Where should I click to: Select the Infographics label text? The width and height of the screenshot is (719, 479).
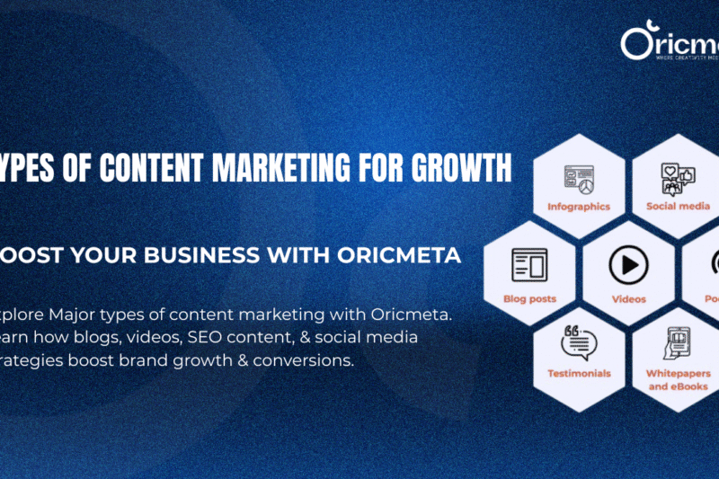pyautogui.click(x=579, y=207)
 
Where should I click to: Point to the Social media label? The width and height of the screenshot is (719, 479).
pyautogui.click(x=678, y=207)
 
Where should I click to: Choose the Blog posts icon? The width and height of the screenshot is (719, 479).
pyautogui.click(x=529, y=265)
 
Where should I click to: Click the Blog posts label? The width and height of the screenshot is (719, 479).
pyautogui.click(x=530, y=298)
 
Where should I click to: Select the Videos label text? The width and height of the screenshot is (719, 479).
pyautogui.click(x=628, y=298)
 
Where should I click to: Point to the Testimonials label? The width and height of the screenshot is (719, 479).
pyautogui.click(x=579, y=373)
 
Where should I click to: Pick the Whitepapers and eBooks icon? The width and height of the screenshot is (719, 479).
pyautogui.click(x=678, y=342)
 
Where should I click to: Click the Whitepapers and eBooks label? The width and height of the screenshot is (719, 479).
pyautogui.click(x=678, y=379)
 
